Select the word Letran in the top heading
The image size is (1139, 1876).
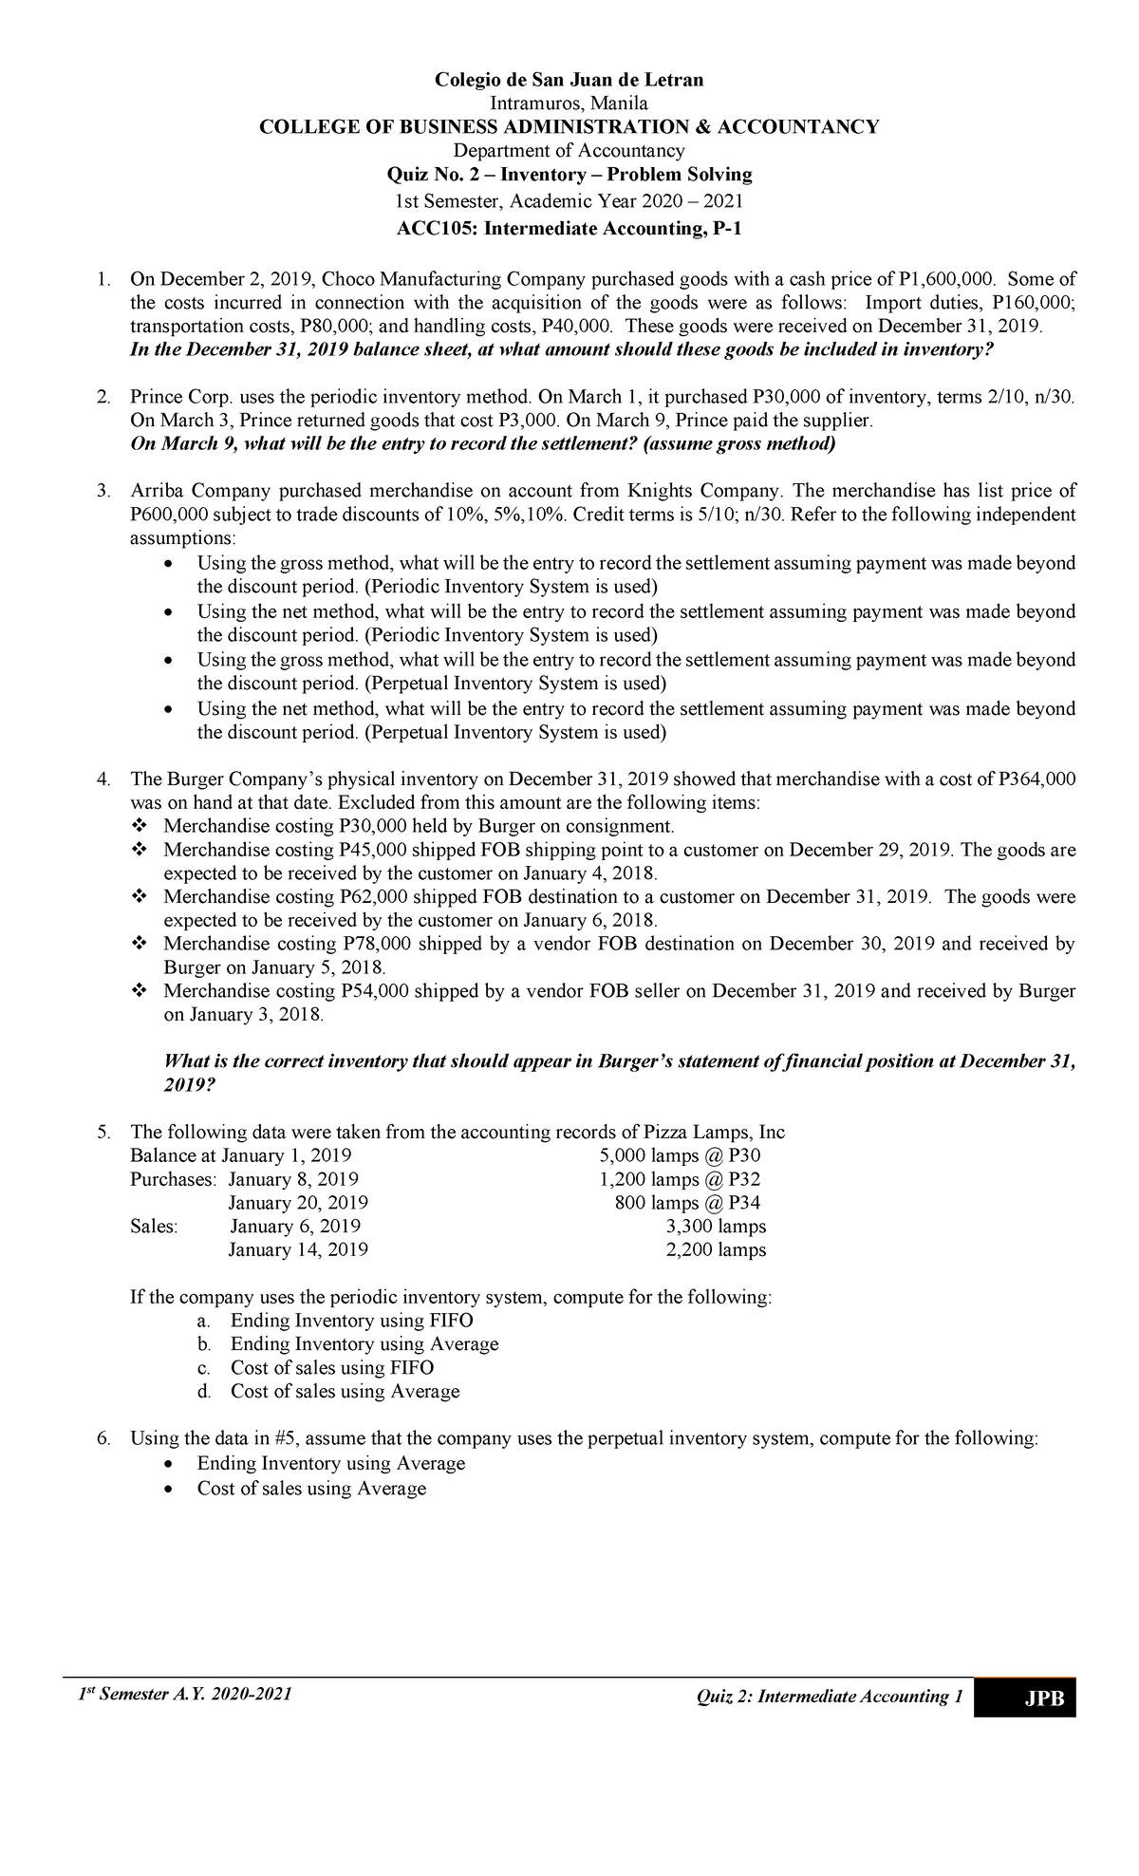671,80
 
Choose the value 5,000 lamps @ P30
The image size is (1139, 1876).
680,1155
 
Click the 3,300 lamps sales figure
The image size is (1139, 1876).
716,1226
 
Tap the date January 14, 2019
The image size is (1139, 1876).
298,1249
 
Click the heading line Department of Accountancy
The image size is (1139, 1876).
569,151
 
